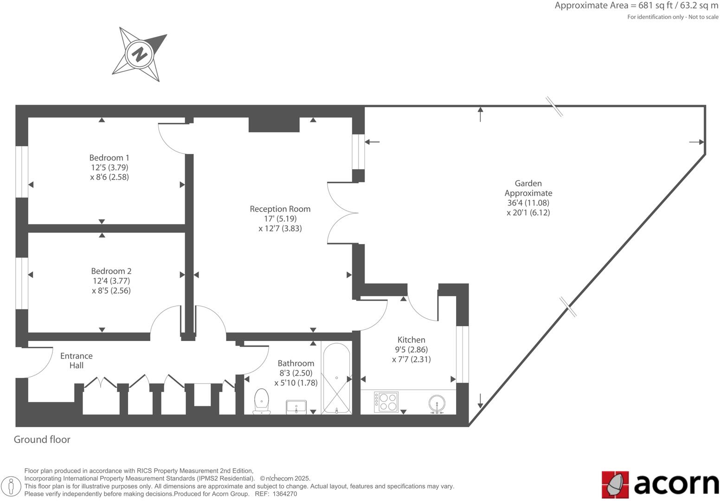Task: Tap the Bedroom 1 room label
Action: pos(109,158)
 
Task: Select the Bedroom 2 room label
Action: pos(111,271)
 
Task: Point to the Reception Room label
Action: pos(280,209)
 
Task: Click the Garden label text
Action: pos(528,183)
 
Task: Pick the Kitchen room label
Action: pos(411,340)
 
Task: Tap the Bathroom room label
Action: pos(296,363)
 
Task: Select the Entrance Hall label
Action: pos(77,360)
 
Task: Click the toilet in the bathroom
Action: pos(262,401)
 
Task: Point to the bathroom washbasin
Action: pos(296,407)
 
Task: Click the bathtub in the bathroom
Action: pos(336,379)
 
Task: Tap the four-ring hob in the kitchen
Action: pos(386,402)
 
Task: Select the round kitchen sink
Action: pos(437,404)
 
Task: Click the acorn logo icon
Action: pos(615,485)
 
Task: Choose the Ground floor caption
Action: pos(42,439)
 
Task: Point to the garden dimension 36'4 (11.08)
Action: pos(528,203)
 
